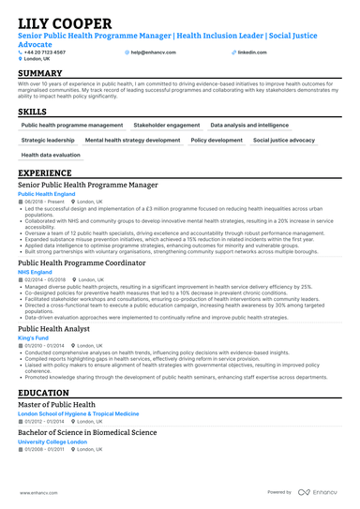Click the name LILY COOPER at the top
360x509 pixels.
[x=63, y=22]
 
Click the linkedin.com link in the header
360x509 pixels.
[x=251, y=52]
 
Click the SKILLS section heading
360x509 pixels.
[x=33, y=112]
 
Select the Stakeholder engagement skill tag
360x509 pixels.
[x=166, y=125]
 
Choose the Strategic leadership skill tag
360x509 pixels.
[x=48, y=140]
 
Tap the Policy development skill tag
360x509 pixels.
[x=217, y=140]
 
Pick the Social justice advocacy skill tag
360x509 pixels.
[x=284, y=140]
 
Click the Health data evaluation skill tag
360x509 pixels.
[x=51, y=155]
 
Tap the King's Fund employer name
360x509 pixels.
[x=35, y=338]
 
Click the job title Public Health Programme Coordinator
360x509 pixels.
[x=82, y=263]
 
